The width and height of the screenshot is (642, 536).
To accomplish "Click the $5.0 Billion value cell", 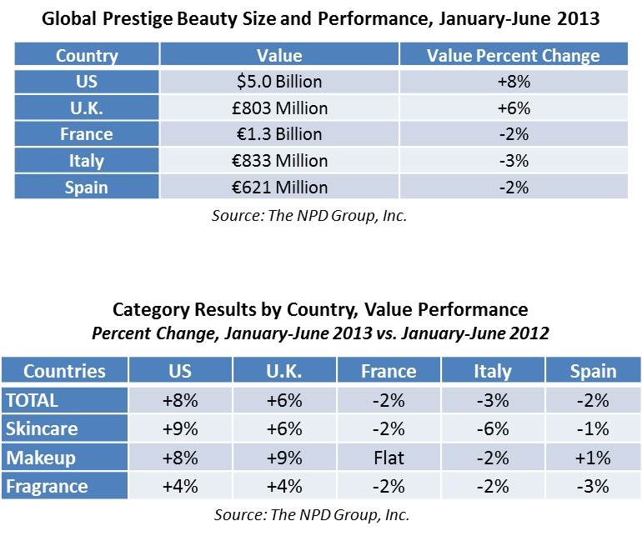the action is click(279, 82).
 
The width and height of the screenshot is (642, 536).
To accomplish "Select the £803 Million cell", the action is click(279, 108).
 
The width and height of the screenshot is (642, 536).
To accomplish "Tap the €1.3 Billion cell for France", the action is click(279, 134).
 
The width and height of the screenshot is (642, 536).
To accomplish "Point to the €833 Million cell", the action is click(279, 161).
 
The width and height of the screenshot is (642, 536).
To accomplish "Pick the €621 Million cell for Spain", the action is click(279, 187).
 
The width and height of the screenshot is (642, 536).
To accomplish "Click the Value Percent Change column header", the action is click(514, 55).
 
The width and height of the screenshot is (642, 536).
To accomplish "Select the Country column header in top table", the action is click(87, 55).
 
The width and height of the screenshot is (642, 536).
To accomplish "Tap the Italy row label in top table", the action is click(87, 161).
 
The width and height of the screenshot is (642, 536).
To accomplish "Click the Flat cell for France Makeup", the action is click(389, 458).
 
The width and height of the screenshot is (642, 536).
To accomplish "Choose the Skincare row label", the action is click(65, 428).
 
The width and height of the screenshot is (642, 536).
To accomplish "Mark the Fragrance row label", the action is click(65, 486).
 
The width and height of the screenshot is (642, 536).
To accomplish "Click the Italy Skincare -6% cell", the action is click(493, 428).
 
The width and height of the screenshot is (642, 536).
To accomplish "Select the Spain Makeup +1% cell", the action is click(594, 458).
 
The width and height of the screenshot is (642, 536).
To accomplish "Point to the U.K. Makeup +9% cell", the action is click(284, 458).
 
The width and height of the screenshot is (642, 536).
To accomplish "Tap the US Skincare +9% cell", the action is click(180, 428).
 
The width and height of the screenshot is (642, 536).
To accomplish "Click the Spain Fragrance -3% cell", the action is click(594, 486).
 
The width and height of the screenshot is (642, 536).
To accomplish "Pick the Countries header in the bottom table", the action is click(65, 371).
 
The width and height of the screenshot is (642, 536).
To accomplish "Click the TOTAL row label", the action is click(65, 400).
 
